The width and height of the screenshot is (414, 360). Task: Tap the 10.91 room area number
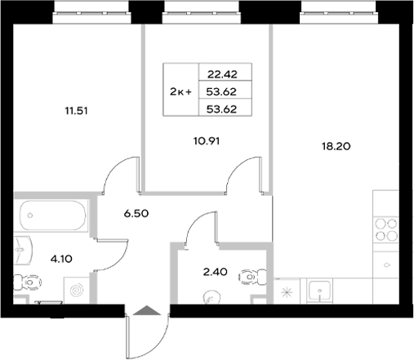pyautogui.click(x=207, y=140)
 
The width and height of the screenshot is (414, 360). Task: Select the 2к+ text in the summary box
pyautogui.click(x=180, y=91)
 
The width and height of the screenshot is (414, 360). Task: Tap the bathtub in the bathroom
pyautogui.click(x=51, y=214)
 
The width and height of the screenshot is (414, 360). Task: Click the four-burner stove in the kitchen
pyautogui.click(x=385, y=232)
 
